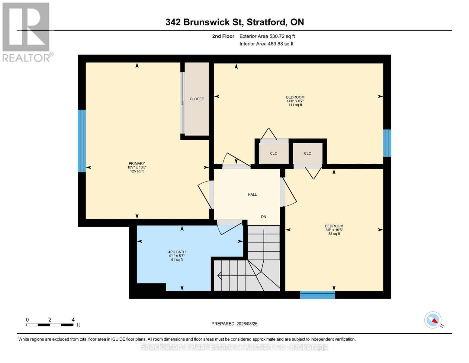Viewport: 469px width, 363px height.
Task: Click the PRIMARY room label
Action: pyautogui.click(x=137, y=164)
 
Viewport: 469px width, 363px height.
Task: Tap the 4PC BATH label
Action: pyautogui.click(x=177, y=252)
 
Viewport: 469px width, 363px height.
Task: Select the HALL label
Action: pyautogui.click(x=252, y=195)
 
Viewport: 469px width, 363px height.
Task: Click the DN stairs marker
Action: pyautogui.click(x=264, y=217)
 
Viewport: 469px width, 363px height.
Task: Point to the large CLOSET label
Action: pyautogui.click(x=197, y=99)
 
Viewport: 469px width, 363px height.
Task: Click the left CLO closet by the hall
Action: pyautogui.click(x=274, y=153)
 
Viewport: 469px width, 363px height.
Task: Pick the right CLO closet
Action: pyautogui.click(x=307, y=153)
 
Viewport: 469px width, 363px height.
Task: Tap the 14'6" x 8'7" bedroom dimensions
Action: pyautogui.click(x=295, y=101)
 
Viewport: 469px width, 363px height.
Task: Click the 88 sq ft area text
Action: pyautogui.click(x=334, y=234)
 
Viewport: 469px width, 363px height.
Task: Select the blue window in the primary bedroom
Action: pyautogui.click(x=82, y=141)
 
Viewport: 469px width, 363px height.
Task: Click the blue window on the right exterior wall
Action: pyautogui.click(x=387, y=143)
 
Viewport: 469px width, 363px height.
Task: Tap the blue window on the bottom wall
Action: pyautogui.click(x=317, y=295)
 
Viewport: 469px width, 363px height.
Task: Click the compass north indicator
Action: pyautogui.click(x=433, y=320)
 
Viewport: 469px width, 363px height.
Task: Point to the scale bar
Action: pyautogui.click(x=50, y=325)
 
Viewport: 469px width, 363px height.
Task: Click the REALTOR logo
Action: pyautogui.click(x=26, y=32)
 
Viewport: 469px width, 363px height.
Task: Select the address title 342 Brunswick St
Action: pyautogui.click(x=235, y=22)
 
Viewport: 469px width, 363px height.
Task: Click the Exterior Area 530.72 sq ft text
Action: pyautogui.click(x=267, y=36)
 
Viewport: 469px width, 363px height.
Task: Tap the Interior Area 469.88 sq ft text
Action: pyautogui.click(x=266, y=44)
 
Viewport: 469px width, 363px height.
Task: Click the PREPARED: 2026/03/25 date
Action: pyautogui.click(x=234, y=324)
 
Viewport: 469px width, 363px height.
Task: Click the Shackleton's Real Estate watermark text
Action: pyautogui.click(x=234, y=347)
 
